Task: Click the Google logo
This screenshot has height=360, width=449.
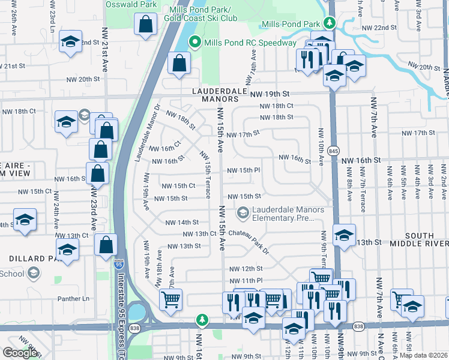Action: tap(19, 353)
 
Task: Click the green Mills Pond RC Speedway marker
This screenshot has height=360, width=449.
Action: tap(194, 43)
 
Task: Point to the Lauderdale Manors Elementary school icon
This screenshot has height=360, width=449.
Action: tap(243, 212)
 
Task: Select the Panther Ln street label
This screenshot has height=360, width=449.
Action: tap(73, 298)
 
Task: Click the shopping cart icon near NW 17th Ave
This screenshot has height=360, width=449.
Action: tap(170, 298)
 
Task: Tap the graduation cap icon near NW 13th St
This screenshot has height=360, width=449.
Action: tap(343, 235)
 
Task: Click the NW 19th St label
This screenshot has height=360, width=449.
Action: tap(270, 94)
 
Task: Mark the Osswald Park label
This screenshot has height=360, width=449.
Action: tap(131, 4)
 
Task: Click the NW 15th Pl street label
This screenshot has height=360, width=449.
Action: tap(243, 170)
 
